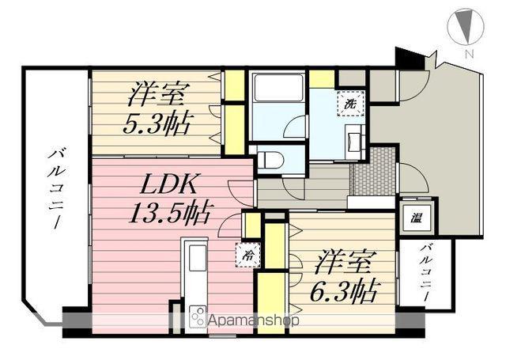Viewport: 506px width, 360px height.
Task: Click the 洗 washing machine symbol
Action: click(348, 102)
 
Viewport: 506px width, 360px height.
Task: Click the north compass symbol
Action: click(466, 27)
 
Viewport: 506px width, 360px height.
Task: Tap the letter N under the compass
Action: click(469, 54)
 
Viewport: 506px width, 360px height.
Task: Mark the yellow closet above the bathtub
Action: click(321, 78)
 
